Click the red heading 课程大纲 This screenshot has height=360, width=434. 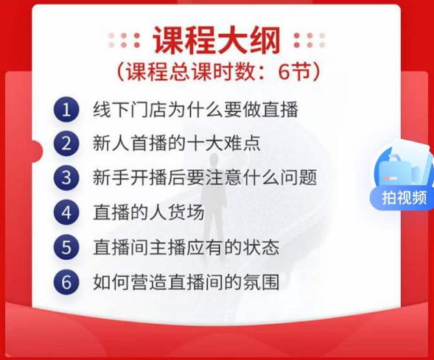217,40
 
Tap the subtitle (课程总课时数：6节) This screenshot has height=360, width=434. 218,72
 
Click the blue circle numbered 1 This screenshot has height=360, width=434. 66,110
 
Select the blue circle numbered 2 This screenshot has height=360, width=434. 66,144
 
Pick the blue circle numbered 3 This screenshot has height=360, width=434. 66,177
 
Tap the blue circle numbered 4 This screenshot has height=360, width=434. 66,213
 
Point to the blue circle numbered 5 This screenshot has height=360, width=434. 66,247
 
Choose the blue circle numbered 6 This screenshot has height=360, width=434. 66,282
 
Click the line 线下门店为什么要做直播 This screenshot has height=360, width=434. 195,110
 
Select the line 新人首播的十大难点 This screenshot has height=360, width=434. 177,144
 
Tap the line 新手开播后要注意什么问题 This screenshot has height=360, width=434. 205,177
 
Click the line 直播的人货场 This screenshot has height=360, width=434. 149,213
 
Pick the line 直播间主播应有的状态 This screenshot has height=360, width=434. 186,247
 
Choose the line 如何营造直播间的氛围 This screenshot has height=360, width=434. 186,282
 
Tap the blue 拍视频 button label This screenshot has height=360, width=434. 404,198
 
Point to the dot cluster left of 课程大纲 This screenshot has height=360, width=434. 124,40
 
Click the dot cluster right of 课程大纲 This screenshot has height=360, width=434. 309,40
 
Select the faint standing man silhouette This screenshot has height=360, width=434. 214,199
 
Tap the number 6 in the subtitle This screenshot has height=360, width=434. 284,72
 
